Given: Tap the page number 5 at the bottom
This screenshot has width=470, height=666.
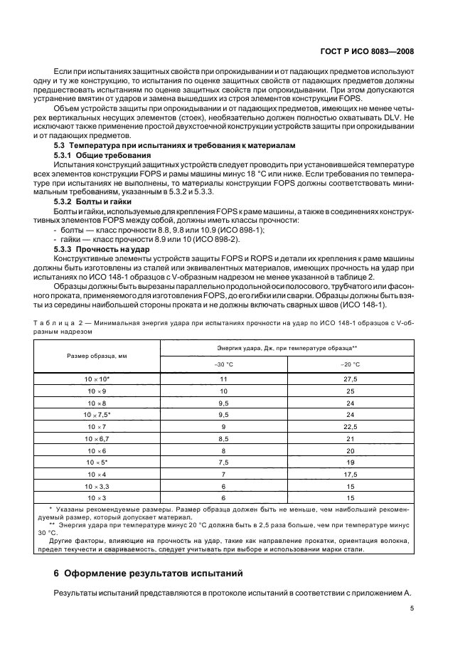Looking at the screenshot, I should (x=412, y=608).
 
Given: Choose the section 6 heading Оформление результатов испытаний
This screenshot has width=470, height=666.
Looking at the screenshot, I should (x=149, y=573).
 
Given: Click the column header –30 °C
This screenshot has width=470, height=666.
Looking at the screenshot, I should (x=224, y=364).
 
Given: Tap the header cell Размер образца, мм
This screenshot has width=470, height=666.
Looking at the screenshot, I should (x=97, y=356).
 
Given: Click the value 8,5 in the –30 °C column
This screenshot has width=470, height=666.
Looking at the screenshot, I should (x=224, y=460).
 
